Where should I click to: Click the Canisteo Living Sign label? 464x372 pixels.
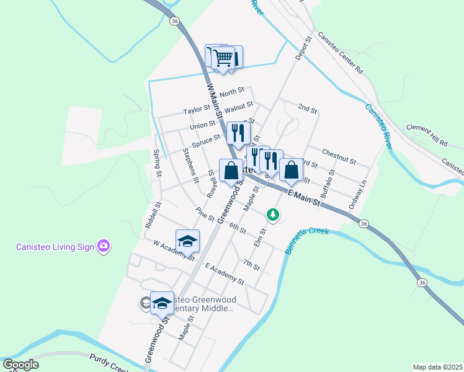(x=55, y=247)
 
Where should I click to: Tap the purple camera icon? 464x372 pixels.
(x=104, y=247)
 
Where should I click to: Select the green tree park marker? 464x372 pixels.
(x=272, y=215)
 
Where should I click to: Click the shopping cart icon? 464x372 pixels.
(x=223, y=58)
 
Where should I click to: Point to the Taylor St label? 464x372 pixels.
(x=197, y=110)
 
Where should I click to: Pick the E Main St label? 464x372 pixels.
(x=303, y=198)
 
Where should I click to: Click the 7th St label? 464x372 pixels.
(x=251, y=264)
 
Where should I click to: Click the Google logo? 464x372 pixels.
(x=21, y=365)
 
